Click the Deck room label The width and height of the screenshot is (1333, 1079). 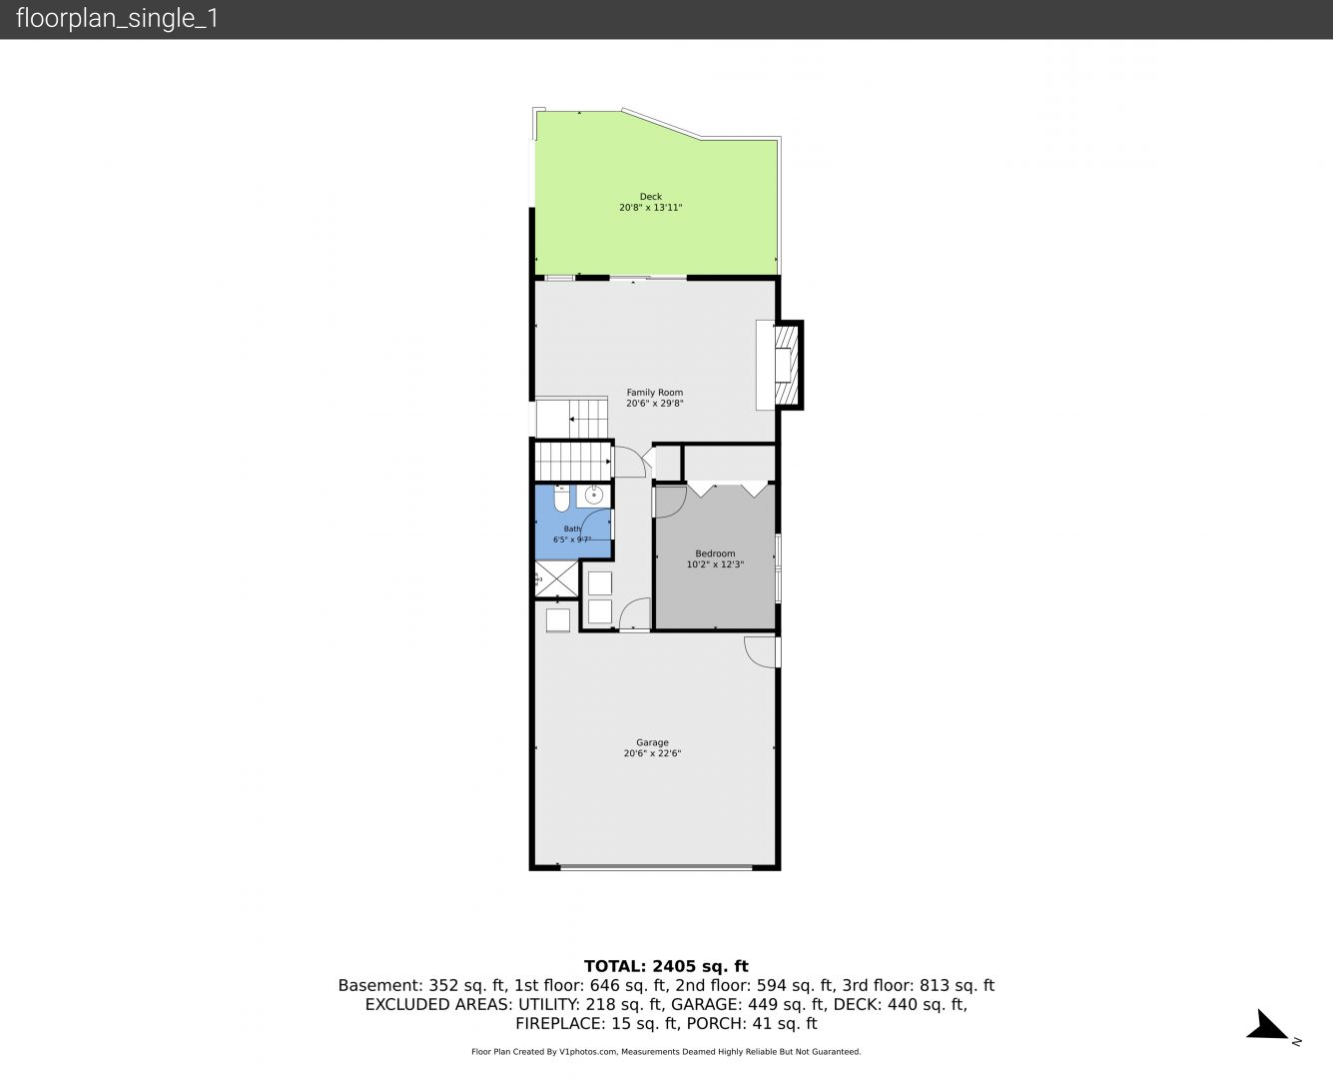point(650,197)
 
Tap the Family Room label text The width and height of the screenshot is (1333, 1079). point(655,393)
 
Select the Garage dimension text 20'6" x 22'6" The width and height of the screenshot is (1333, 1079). point(652,753)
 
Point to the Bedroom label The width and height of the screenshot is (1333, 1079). point(715,553)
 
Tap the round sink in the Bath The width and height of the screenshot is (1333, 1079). point(593,497)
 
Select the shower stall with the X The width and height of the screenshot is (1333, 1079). point(556,579)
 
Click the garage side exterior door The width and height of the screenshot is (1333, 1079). point(762,652)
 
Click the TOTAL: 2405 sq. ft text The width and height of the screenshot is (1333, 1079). point(666,966)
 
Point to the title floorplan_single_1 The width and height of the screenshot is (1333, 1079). point(117,19)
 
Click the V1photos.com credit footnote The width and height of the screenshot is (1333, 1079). point(666,1052)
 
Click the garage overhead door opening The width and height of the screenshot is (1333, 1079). point(656,867)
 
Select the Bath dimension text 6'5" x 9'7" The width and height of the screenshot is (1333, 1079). point(572,539)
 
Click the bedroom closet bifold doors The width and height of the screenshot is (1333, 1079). point(728,489)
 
